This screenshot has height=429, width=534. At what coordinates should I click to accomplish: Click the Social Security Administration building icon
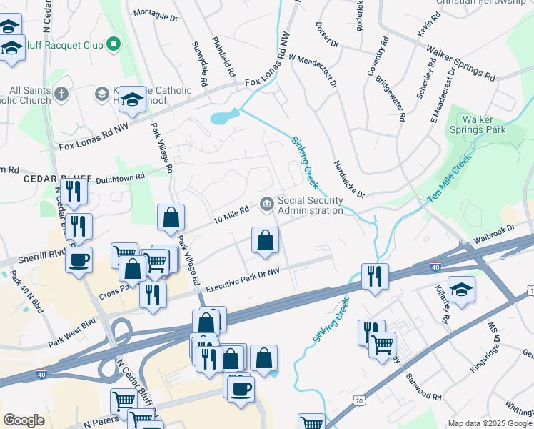coord(267,206)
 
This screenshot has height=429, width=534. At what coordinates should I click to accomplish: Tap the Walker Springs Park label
coord(484,124)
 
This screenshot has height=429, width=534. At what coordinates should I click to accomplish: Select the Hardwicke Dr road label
coord(349,179)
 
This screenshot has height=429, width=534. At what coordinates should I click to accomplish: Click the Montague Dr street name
coord(155,14)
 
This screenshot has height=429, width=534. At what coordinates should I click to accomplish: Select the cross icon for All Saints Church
coord(62,94)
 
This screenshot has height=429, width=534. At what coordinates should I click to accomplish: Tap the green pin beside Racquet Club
coord(114,45)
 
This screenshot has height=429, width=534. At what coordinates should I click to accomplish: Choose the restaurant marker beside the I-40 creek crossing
coord(374,275)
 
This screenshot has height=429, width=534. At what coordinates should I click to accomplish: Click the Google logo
coord(24,420)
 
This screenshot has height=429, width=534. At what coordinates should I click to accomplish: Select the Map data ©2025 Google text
coord(489,423)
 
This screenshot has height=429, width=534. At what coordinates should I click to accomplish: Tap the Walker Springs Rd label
coord(460,63)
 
